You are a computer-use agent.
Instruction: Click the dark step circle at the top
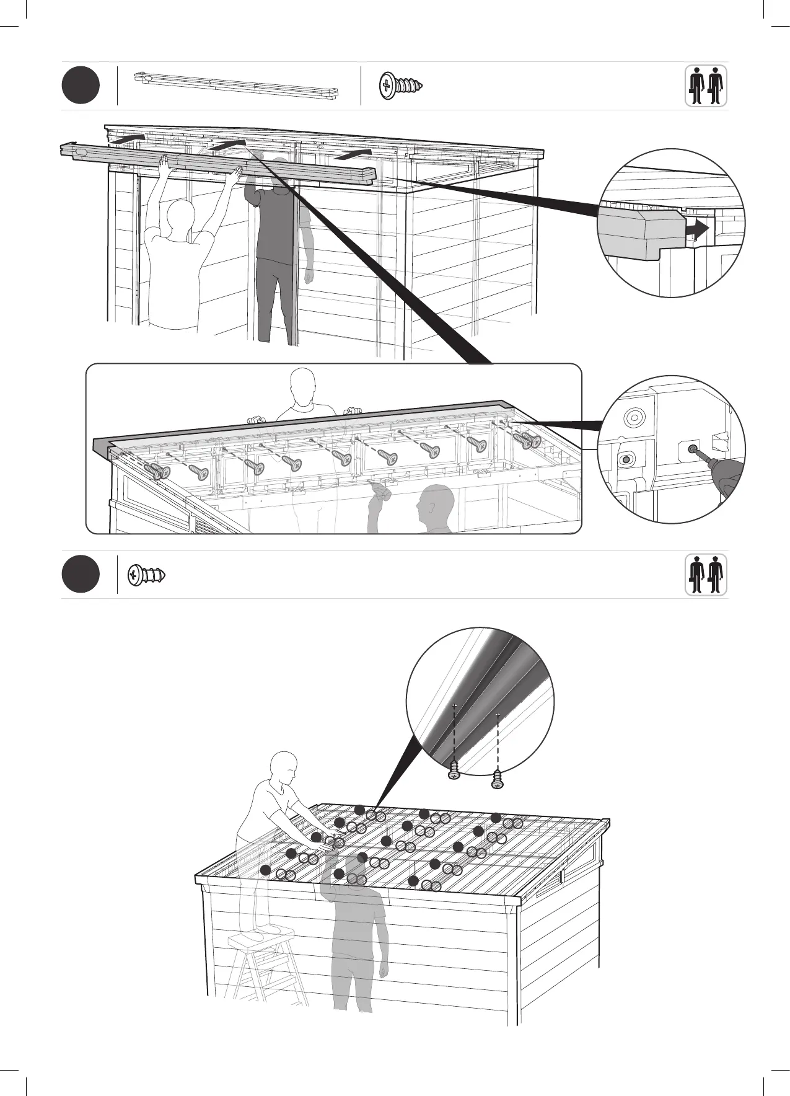pyautogui.click(x=81, y=86)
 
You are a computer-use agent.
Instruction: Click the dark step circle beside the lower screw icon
pyautogui.click(x=81, y=575)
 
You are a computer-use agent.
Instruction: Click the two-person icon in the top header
pyautogui.click(x=706, y=86)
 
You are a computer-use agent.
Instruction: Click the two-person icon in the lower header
pyautogui.click(x=706, y=575)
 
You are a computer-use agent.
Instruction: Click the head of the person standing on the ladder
pyautogui.click(x=284, y=766)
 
